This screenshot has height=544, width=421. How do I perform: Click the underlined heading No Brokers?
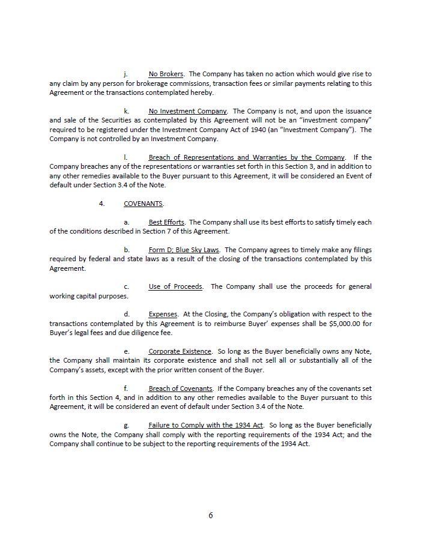coord(166,74)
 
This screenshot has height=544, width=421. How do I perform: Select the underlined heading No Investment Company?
coord(187,111)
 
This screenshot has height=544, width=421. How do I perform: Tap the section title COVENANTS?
coord(143,204)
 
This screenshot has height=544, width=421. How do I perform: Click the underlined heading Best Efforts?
coord(166,222)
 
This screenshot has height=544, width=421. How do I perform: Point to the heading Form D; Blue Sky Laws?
coord(184,250)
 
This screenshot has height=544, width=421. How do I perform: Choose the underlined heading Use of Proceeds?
coord(175,286)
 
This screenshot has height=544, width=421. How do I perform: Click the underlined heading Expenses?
coord(163,314)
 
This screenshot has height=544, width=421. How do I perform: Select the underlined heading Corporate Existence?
coord(180,351)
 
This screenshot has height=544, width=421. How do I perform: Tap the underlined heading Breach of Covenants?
coord(180,388)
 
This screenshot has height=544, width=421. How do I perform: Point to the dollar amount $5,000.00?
coord(345,324)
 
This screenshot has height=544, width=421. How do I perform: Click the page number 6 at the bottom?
coord(211,515)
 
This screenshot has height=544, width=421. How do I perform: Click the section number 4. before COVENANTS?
coord(101,204)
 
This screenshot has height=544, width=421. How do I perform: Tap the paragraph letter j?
coord(126,74)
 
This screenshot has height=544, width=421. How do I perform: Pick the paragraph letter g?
coord(126,426)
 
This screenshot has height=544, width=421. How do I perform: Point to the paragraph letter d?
coord(126,314)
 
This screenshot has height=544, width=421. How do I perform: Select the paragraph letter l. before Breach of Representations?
coord(125,157)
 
